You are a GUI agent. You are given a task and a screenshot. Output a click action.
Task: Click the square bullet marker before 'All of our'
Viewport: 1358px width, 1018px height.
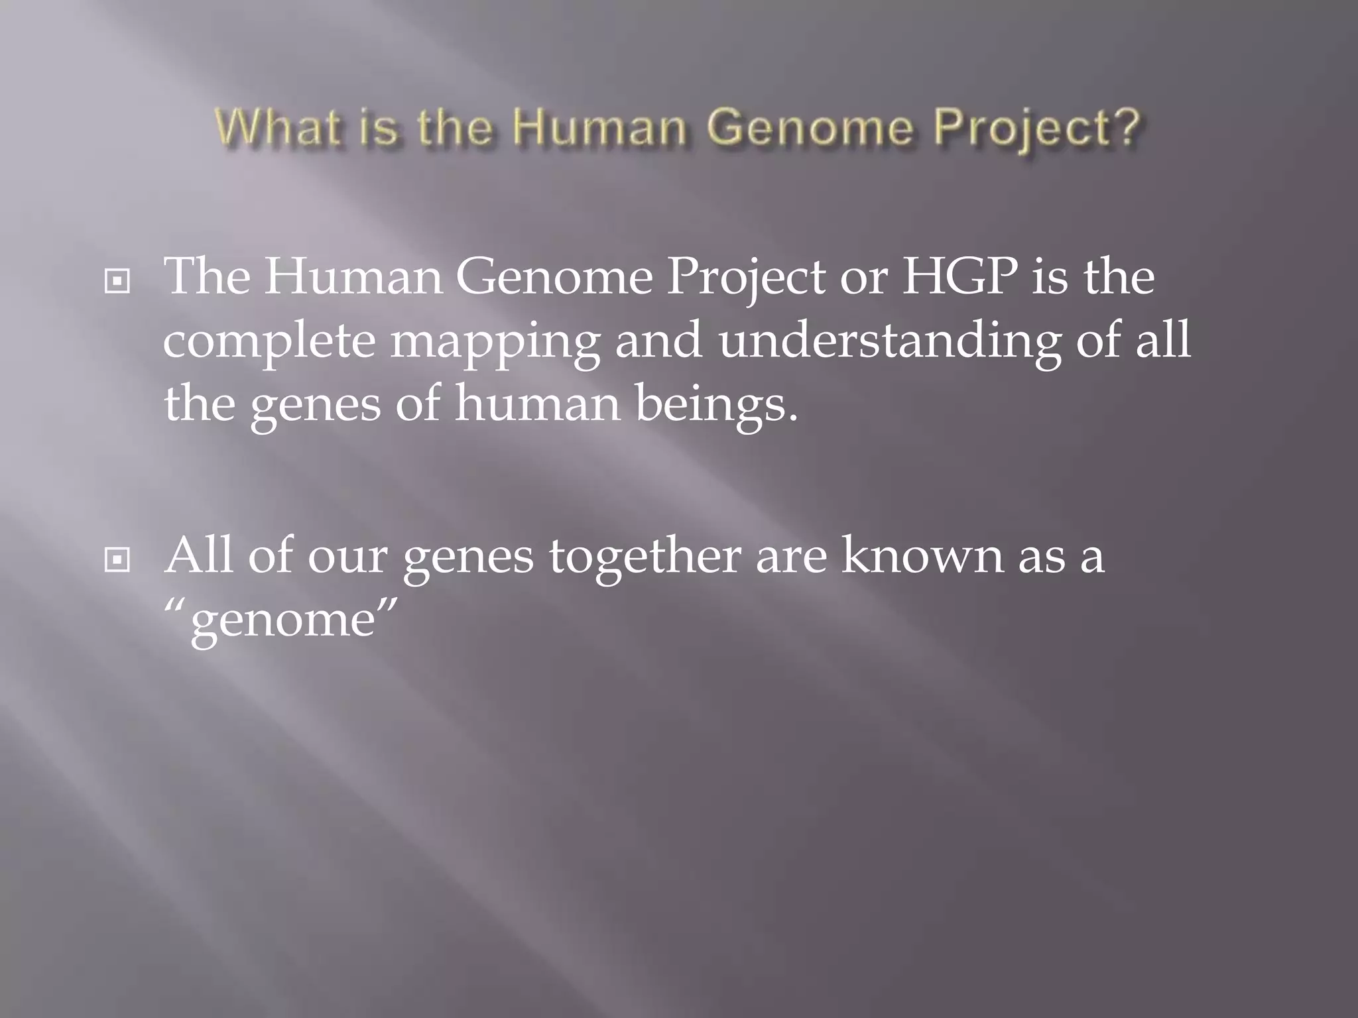tap(117, 560)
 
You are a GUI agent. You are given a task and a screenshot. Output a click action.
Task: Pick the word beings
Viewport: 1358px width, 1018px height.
tap(716, 404)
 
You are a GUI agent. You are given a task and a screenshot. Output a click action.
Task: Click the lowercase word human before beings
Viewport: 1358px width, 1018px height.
tap(537, 404)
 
